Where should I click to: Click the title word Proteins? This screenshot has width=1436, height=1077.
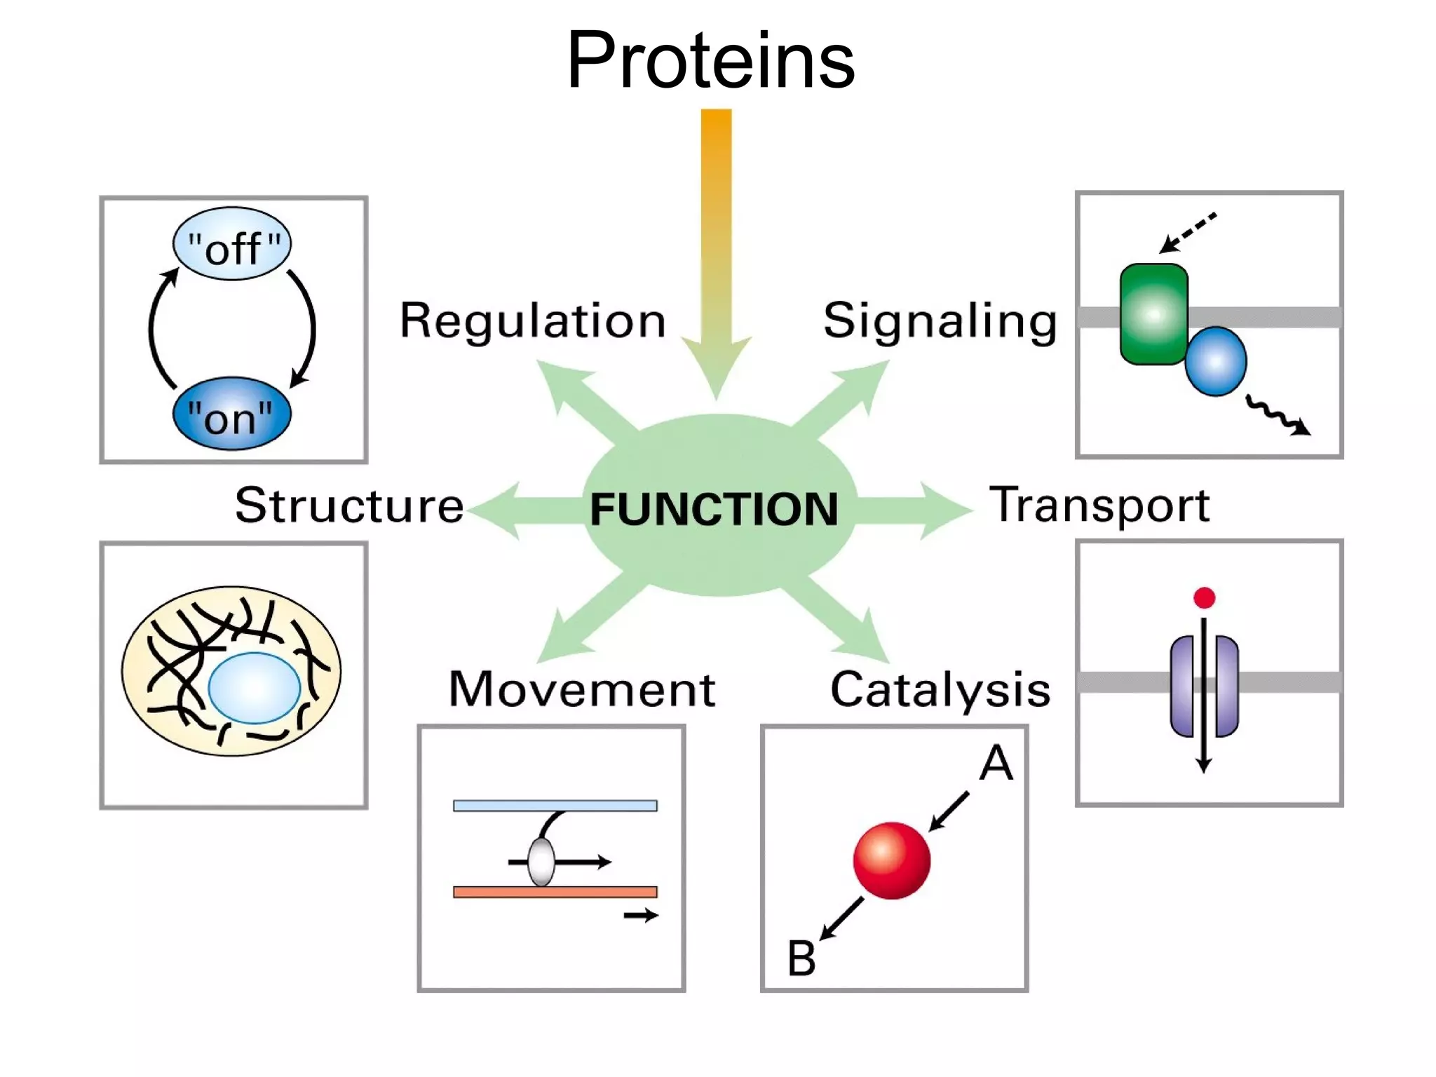(x=710, y=61)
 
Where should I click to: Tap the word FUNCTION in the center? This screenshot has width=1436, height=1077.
(x=714, y=509)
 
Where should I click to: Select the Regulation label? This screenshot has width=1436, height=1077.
(x=533, y=320)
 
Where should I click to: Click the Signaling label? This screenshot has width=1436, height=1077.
(x=940, y=320)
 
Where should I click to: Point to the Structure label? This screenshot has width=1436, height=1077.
(x=349, y=505)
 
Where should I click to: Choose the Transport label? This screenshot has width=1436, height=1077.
(x=1099, y=505)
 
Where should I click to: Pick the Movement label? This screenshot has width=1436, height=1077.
(x=581, y=689)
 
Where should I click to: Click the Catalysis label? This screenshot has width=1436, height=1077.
(x=940, y=689)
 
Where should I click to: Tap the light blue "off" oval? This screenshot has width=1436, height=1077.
(x=232, y=245)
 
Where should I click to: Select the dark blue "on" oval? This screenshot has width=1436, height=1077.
(x=231, y=414)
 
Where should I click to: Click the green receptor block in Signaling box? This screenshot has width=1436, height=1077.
(x=1153, y=313)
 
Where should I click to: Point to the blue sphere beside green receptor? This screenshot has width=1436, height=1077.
(x=1216, y=361)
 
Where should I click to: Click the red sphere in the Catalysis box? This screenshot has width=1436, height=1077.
(x=891, y=860)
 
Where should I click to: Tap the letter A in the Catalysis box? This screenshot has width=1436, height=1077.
(x=996, y=763)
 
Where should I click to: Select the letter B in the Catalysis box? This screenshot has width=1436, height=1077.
(x=801, y=959)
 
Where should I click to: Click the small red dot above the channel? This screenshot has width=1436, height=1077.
(x=1204, y=598)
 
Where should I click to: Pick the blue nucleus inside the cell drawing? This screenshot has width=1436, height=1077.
(x=254, y=688)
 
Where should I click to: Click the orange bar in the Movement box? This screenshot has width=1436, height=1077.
(x=555, y=892)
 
